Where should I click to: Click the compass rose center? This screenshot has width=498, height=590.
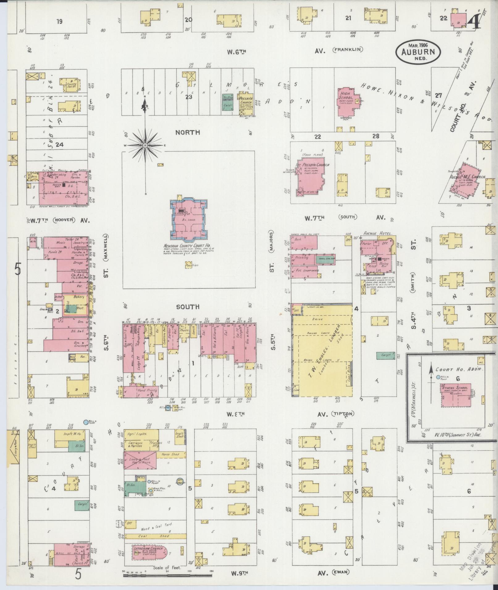pos(145,145)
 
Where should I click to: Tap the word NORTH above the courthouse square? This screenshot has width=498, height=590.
pos(187,132)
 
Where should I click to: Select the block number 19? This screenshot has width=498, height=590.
pos(59,21)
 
